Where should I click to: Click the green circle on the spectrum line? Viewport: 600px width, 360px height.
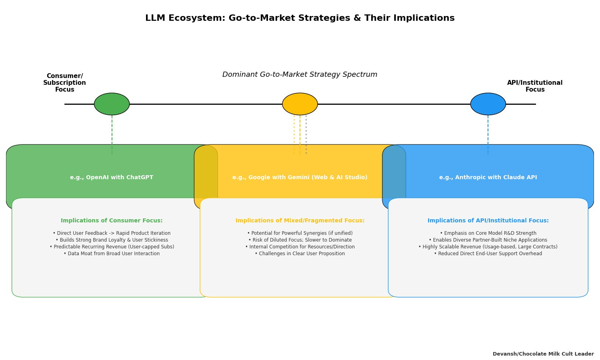pyautogui.click(x=112, y=104)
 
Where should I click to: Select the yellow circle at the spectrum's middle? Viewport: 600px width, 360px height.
pyautogui.click(x=300, y=104)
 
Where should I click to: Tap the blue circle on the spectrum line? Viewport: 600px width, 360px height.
pyautogui.click(x=488, y=104)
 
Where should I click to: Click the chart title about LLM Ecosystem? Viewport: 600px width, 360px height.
pyautogui.click(x=300, y=18)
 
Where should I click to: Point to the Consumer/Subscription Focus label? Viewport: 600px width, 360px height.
pyautogui.click(x=65, y=83)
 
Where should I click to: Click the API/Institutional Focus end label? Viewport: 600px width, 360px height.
pyautogui.click(x=535, y=86)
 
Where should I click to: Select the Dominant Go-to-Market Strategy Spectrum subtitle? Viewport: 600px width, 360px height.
pyautogui.click(x=300, y=75)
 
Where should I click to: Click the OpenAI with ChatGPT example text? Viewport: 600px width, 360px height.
pyautogui.click(x=112, y=178)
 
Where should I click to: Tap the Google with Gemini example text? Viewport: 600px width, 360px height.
pyautogui.click(x=300, y=178)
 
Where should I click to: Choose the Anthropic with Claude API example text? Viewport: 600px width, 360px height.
pyautogui.click(x=488, y=178)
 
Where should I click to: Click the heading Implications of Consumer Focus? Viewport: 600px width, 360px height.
pyautogui.click(x=112, y=221)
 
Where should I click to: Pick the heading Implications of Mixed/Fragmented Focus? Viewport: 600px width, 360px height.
pyautogui.click(x=300, y=221)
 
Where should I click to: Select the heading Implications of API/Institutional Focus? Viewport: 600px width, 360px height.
pyautogui.click(x=488, y=221)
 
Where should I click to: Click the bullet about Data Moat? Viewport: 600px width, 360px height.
pyautogui.click(x=112, y=254)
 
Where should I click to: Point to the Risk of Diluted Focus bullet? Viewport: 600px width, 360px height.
pyautogui.click(x=300, y=240)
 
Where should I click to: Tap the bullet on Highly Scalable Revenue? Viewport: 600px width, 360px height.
pyautogui.click(x=488, y=247)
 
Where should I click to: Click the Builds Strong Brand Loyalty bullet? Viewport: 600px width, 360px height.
pyautogui.click(x=112, y=240)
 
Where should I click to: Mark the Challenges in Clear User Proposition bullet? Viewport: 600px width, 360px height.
pyautogui.click(x=300, y=254)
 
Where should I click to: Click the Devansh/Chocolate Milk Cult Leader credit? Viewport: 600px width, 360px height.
pyautogui.click(x=543, y=354)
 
